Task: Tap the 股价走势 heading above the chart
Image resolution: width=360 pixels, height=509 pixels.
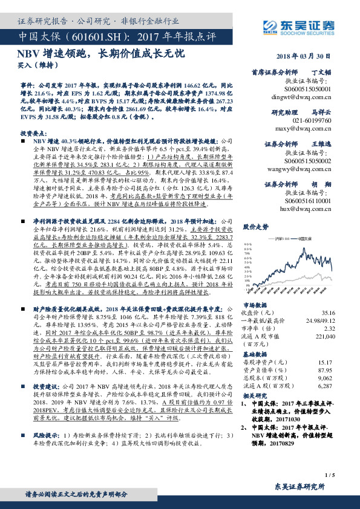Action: point(256,227)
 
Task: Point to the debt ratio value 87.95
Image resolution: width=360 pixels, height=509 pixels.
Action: point(326,370)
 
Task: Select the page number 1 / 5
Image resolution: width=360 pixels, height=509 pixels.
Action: point(329,476)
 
